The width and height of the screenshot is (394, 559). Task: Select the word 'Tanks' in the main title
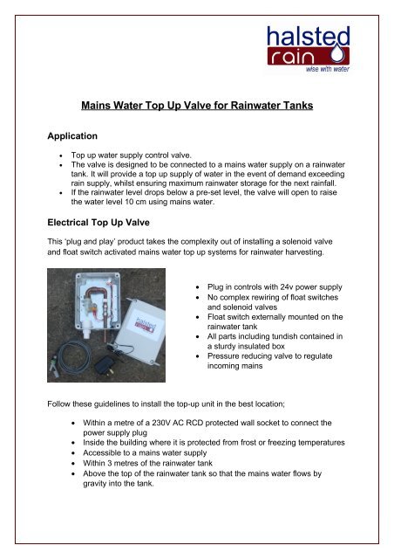click(x=294, y=107)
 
